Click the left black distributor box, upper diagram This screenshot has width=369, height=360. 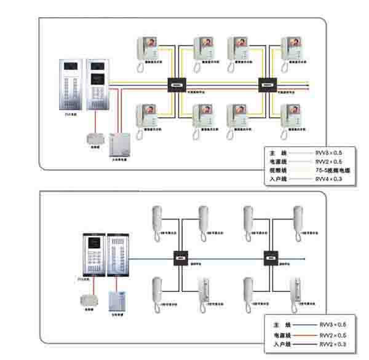177,85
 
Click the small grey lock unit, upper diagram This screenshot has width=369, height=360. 94,137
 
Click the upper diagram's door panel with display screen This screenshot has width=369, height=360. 97,85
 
